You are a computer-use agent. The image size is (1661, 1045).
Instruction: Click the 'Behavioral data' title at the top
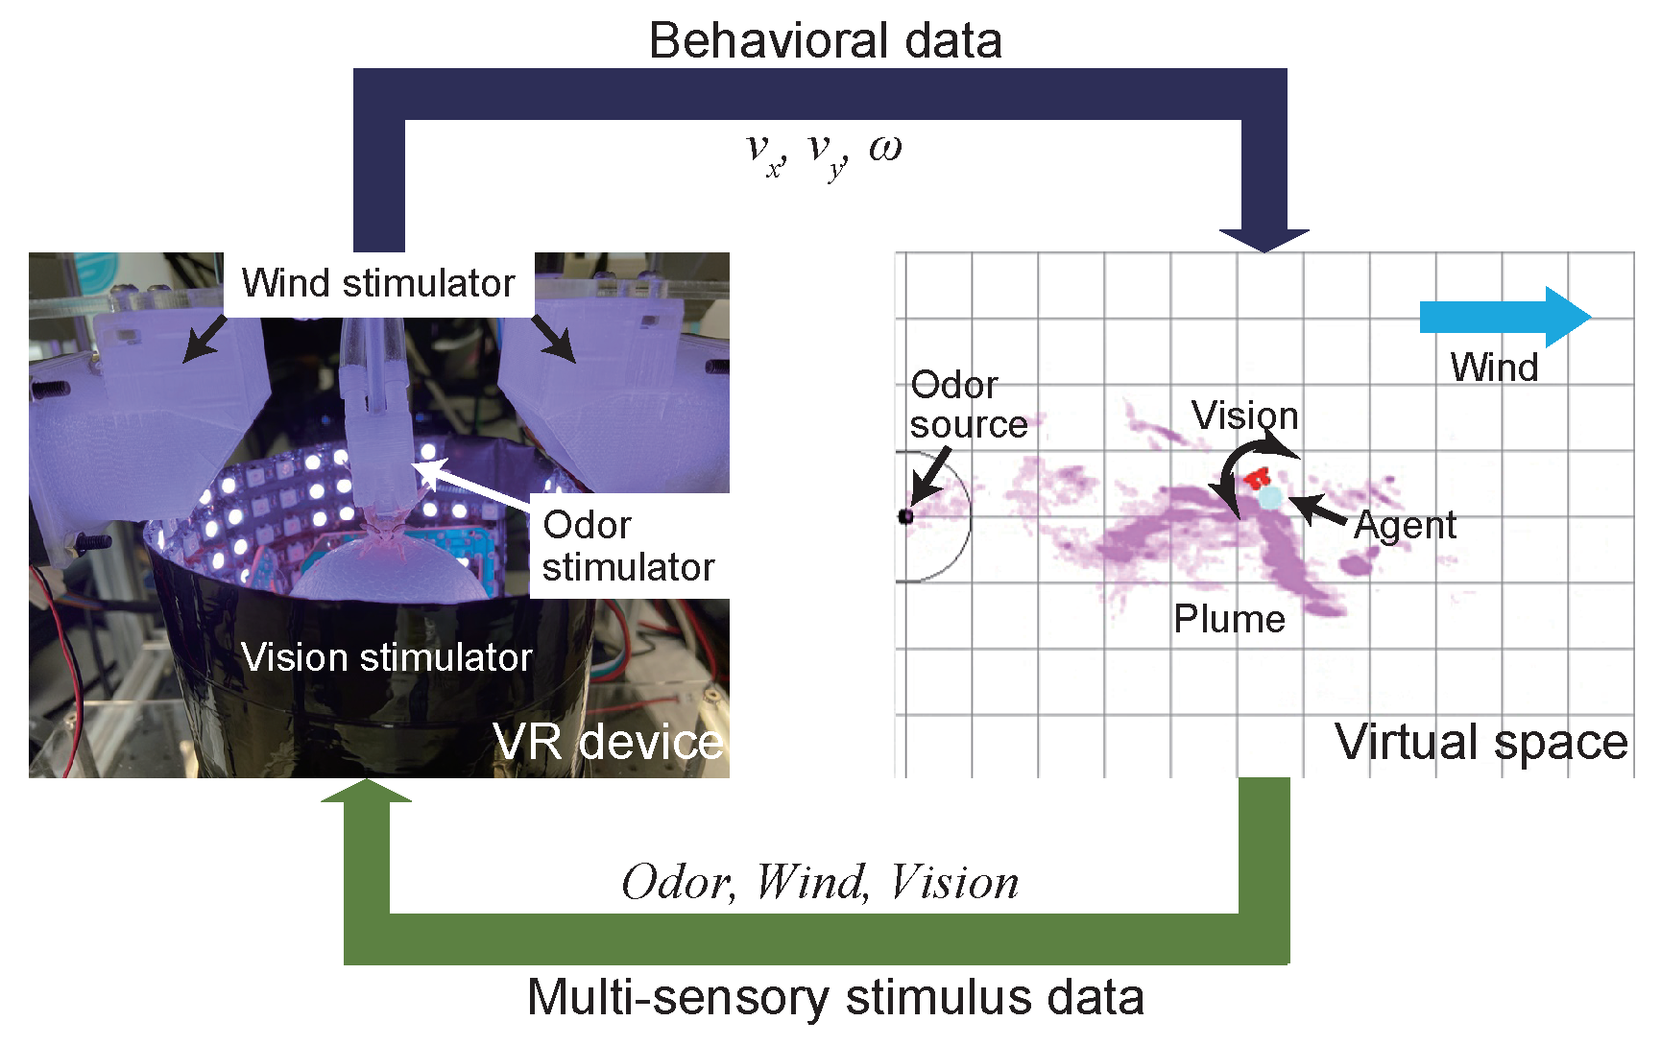(825, 41)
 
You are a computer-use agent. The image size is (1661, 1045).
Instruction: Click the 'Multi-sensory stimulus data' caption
(835, 997)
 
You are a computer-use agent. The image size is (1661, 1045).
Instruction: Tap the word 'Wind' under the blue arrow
(1494, 368)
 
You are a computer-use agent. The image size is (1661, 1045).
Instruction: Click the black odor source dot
(905, 516)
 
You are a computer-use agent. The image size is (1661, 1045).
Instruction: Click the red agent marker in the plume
(1256, 477)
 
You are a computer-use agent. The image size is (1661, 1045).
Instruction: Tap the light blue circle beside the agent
(1270, 497)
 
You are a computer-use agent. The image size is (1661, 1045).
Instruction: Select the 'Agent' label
(1405, 525)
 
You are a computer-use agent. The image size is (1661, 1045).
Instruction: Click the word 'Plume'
(1229, 619)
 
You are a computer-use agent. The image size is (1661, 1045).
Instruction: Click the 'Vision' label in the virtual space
(1244, 416)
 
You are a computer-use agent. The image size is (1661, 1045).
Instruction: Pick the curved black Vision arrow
(1234, 470)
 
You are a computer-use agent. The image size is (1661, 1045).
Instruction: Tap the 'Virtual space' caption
(1480, 742)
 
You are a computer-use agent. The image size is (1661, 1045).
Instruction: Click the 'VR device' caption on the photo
(607, 742)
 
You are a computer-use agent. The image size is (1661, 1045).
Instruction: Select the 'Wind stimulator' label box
(378, 284)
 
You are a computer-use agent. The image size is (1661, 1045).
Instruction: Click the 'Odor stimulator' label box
(628, 546)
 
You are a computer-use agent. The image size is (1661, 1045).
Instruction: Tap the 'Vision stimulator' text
(386, 657)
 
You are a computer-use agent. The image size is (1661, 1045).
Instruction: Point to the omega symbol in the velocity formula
(885, 148)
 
